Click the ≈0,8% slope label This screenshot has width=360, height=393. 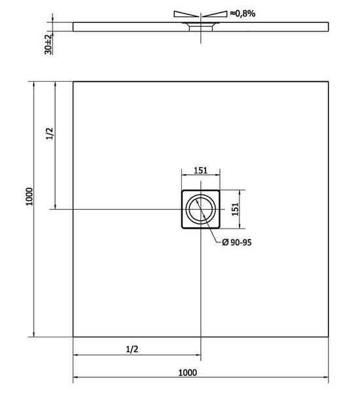(242, 14)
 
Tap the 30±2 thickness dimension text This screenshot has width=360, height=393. (48, 44)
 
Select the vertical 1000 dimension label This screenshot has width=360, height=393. (29, 196)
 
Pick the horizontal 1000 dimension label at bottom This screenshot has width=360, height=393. (187, 373)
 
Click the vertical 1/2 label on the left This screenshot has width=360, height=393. (50, 134)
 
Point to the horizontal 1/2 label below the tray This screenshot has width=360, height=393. (132, 349)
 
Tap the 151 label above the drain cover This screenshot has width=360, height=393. (201, 170)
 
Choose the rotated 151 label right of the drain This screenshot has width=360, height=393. (235, 210)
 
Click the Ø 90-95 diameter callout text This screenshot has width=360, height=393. (237, 242)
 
